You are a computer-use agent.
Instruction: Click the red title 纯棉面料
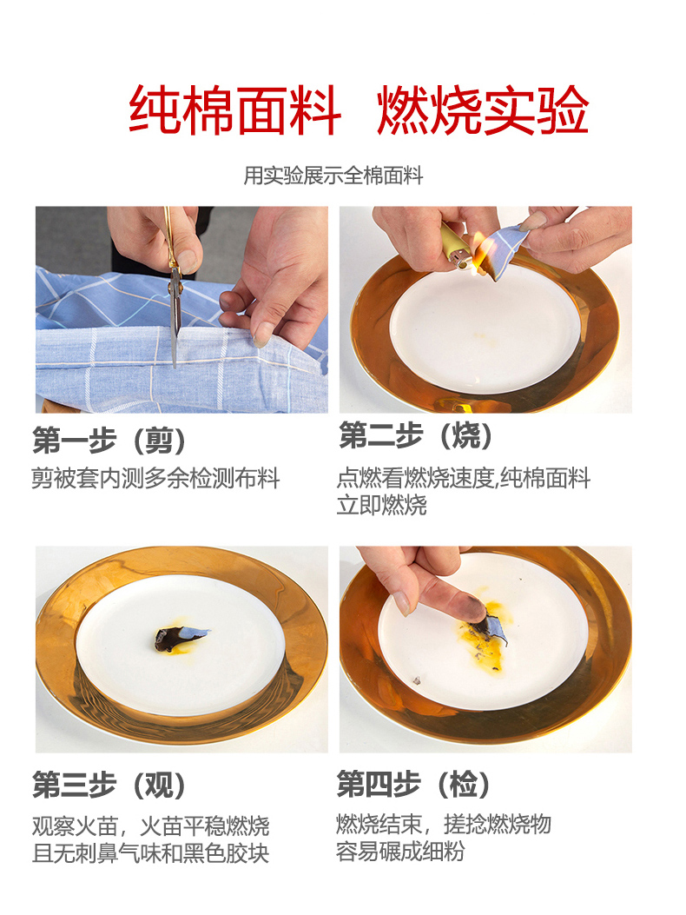click(234, 109)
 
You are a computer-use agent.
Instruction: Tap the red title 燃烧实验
click(483, 109)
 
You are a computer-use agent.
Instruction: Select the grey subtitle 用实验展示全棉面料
click(333, 175)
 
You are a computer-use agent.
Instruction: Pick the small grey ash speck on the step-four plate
click(417, 680)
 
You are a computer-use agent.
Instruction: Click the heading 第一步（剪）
click(109, 440)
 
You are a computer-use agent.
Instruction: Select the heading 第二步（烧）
click(416, 435)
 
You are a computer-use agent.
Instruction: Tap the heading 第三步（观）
click(109, 785)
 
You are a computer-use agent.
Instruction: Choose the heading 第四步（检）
click(413, 783)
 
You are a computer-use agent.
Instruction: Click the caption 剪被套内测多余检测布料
click(155, 478)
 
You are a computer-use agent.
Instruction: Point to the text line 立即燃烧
click(381, 505)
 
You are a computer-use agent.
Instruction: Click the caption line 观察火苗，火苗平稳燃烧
click(150, 825)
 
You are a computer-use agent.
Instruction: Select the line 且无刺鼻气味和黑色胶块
click(150, 853)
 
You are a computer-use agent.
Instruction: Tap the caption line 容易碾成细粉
click(400, 852)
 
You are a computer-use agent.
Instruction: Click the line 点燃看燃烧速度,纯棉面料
click(464, 478)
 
